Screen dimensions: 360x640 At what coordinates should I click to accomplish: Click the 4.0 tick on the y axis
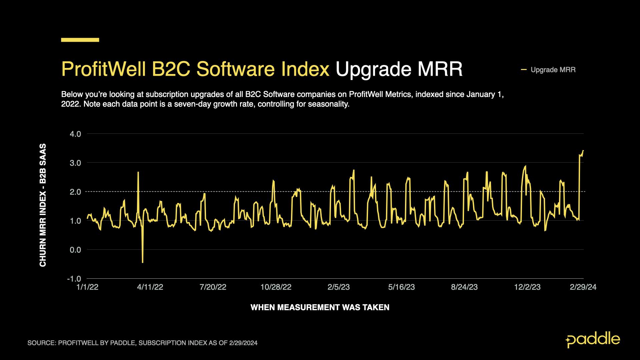click(x=75, y=134)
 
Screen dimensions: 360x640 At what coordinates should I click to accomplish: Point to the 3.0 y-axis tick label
click(x=75, y=163)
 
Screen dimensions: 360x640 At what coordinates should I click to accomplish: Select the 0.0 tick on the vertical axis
click(x=75, y=250)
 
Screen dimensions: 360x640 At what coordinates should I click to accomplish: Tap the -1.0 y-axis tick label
click(x=74, y=279)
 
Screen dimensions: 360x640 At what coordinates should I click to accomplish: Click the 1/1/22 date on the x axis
click(x=87, y=287)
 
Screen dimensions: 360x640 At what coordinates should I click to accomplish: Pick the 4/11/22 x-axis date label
click(x=150, y=287)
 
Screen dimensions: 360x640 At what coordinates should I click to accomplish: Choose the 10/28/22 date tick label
click(x=276, y=287)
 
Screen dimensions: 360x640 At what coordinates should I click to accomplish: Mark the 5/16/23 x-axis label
click(x=401, y=287)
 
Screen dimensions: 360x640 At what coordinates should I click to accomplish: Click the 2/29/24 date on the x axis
click(x=583, y=287)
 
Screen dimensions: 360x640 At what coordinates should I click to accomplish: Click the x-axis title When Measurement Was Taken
click(x=320, y=307)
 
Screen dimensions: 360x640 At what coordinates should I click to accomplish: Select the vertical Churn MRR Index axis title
click(x=43, y=205)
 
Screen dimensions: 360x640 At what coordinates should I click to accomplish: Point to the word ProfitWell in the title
click(x=104, y=69)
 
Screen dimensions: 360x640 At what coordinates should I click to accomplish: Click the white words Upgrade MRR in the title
click(x=399, y=69)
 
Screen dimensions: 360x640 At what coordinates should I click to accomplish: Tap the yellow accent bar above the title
click(x=80, y=40)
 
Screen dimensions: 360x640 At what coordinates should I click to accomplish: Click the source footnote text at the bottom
click(x=142, y=343)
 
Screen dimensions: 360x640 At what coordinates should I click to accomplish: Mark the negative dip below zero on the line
click(x=143, y=262)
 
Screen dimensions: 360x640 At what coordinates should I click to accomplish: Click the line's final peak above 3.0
click(x=583, y=151)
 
